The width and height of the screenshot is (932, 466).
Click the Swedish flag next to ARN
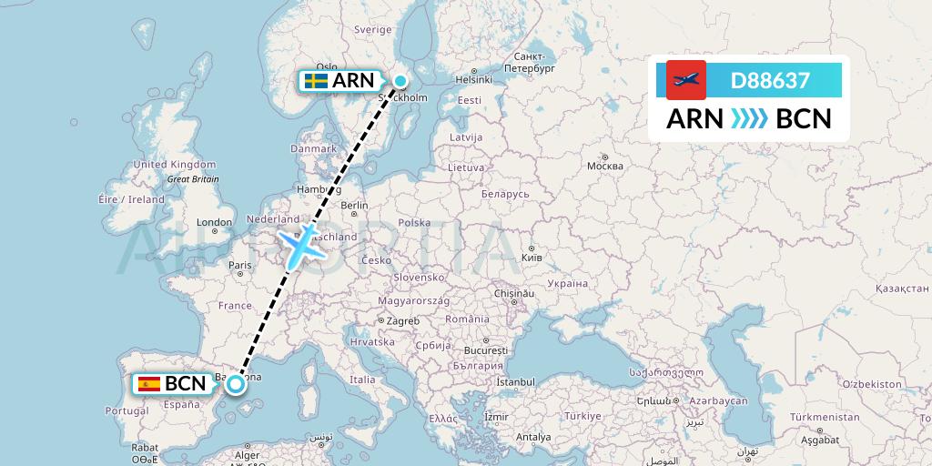tap(316, 81)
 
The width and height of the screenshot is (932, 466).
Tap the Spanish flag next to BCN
tap(149, 384)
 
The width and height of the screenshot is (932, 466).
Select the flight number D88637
tap(770, 80)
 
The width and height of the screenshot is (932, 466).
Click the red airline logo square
tap(686, 80)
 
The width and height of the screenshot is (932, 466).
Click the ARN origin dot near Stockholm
tap(400, 81)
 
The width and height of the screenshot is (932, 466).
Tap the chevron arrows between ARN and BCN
tap(749, 118)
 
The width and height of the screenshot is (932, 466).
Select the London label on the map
tap(215, 222)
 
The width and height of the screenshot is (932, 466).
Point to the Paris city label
tap(240, 266)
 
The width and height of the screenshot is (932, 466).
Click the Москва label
tap(605, 167)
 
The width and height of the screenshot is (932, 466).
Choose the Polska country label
tap(414, 222)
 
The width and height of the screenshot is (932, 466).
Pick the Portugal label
tap(127, 410)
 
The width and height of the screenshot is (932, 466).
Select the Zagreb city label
tap(404, 320)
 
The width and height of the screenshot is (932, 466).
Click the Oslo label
tap(327, 66)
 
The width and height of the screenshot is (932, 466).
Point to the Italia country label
tap(363, 380)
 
